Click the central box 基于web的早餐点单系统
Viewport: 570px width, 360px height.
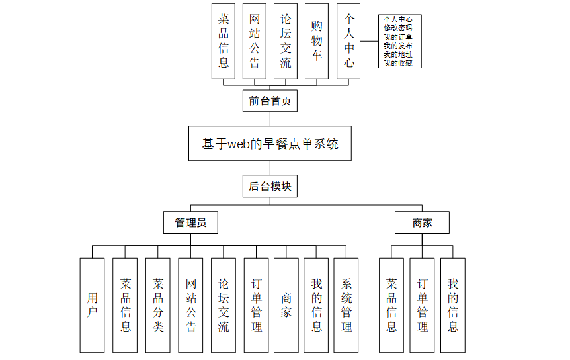click(269, 143)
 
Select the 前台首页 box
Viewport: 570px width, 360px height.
click(269, 101)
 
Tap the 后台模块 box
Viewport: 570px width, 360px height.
click(269, 187)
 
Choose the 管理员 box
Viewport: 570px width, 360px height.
click(190, 222)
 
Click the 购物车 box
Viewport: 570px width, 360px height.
click(316, 41)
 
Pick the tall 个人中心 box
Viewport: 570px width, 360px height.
click(348, 41)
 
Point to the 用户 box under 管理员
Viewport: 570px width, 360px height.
click(92, 304)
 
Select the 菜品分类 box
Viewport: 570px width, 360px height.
click(157, 304)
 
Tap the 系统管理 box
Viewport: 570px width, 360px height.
click(346, 304)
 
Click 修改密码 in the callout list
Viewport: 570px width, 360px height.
click(398, 28)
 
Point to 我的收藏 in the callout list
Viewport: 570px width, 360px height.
click(398, 63)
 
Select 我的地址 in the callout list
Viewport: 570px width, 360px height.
click(398, 54)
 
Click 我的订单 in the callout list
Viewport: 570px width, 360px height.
click(398, 37)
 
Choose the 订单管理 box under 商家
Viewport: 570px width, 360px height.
click(422, 304)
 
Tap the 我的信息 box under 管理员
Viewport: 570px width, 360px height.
click(316, 304)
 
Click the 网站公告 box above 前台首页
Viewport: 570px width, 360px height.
click(255, 41)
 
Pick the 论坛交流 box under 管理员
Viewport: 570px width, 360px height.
click(223, 304)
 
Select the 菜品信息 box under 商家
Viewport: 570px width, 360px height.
click(391, 304)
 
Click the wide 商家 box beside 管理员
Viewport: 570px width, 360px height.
click(422, 222)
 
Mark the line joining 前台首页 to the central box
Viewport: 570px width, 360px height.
click(269, 118)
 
